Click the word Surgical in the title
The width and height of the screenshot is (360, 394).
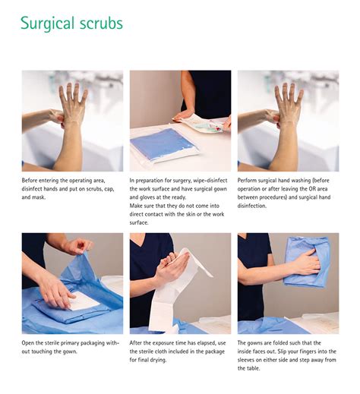point(47,24)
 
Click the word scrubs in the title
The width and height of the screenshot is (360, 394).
point(101,23)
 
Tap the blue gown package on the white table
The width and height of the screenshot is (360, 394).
point(163,145)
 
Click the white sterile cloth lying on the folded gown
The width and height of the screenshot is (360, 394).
point(84,301)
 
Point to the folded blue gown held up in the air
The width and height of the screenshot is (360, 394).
point(307,262)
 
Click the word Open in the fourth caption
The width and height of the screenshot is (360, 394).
point(27,343)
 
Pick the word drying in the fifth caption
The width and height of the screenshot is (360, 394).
point(158,360)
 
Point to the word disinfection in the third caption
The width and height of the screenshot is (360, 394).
point(252,206)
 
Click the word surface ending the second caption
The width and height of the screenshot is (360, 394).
point(138,223)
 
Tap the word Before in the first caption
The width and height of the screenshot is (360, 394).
point(30,181)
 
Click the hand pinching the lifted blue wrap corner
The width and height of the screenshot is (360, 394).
point(78,246)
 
